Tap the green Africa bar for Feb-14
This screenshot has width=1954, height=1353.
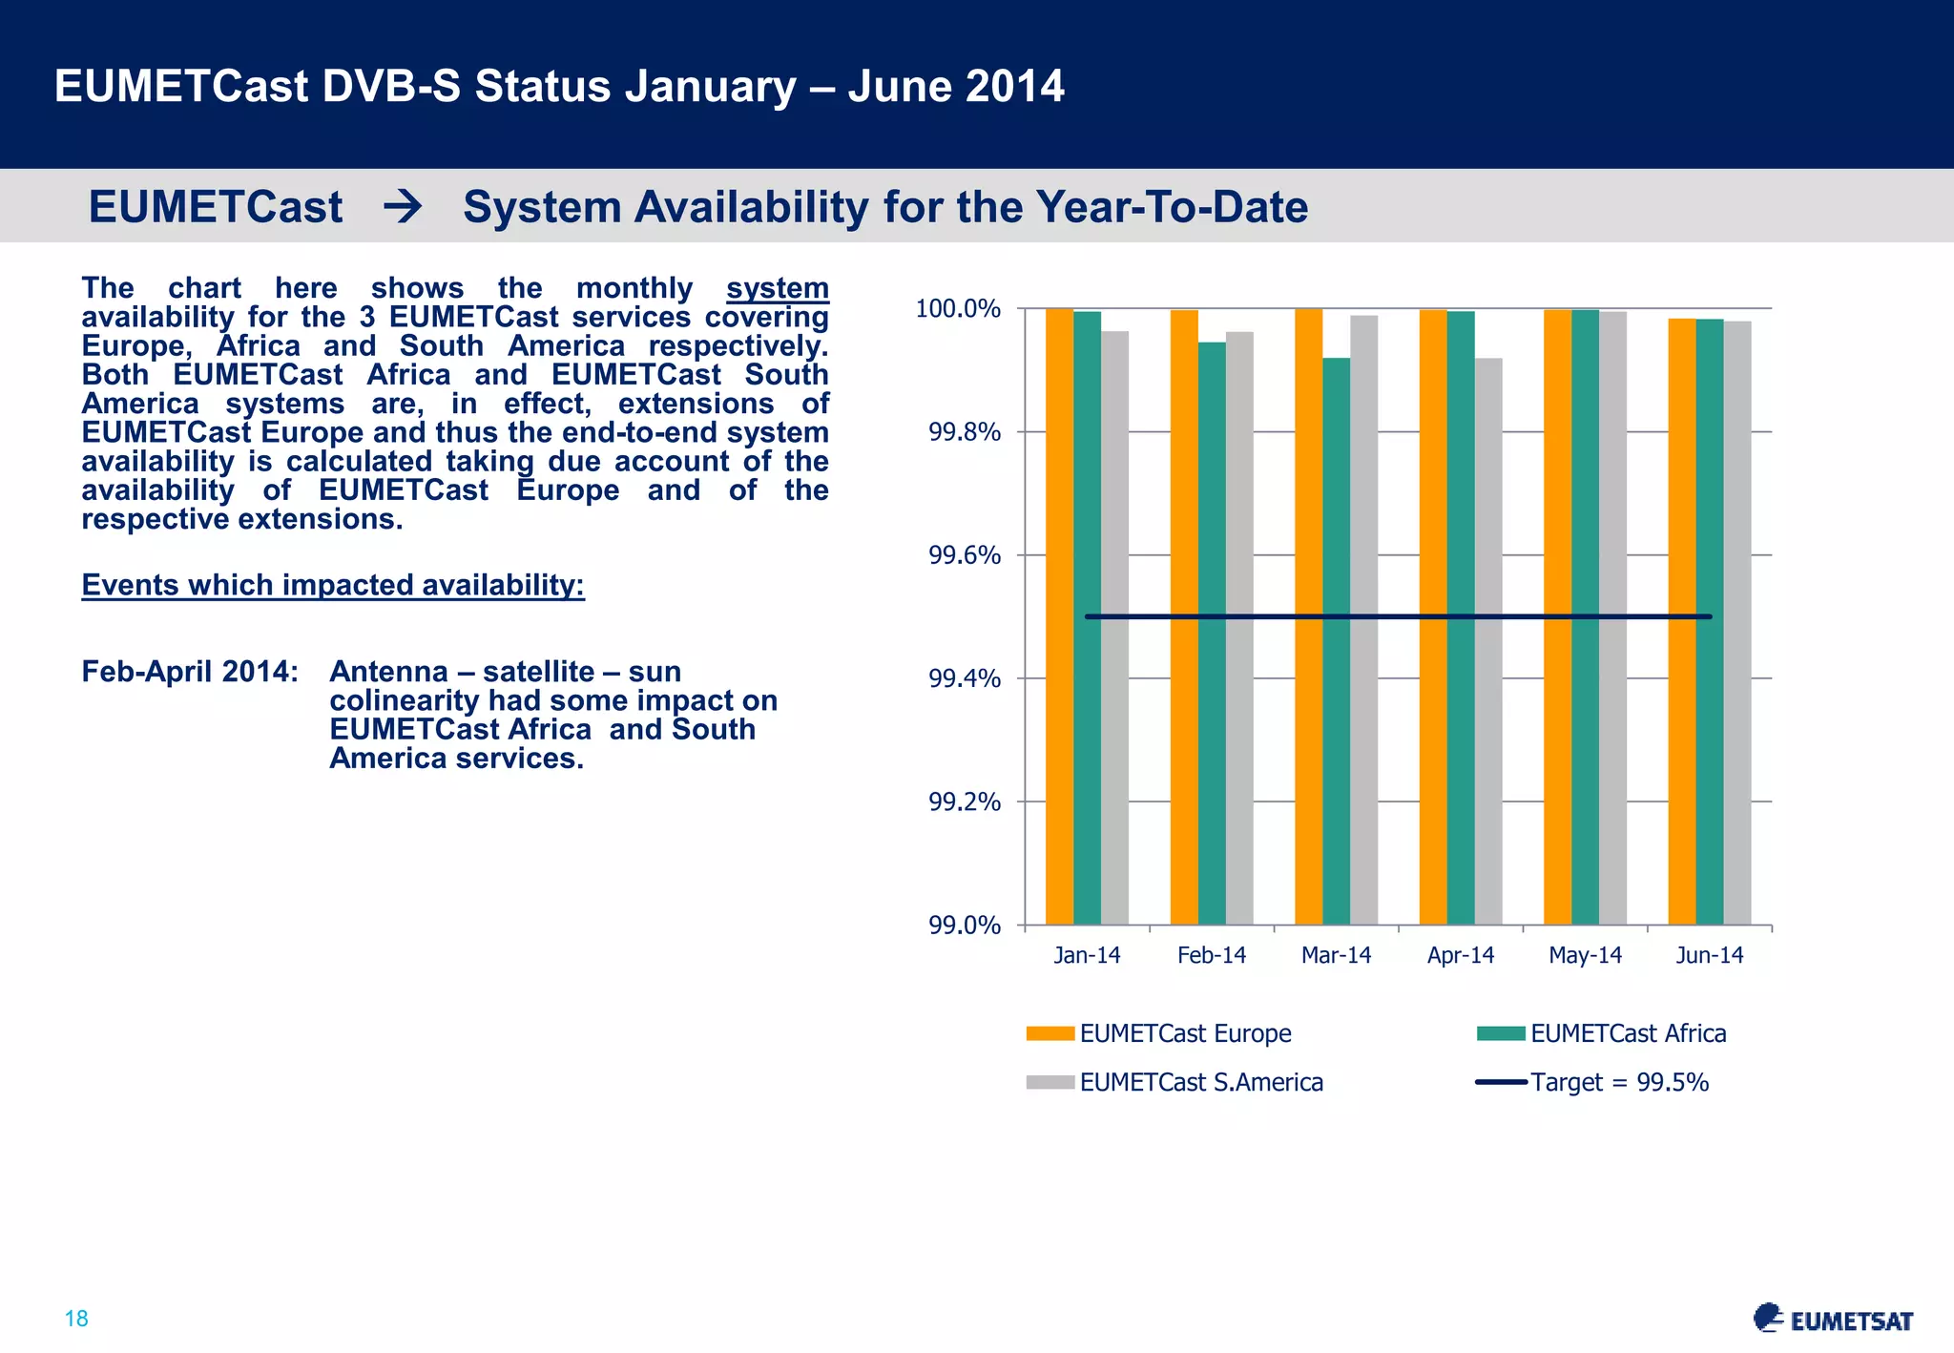coord(1212,634)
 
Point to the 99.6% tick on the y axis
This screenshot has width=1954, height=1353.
coord(964,555)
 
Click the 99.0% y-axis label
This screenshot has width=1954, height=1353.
coord(964,926)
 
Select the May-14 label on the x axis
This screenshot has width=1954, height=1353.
coord(1585,955)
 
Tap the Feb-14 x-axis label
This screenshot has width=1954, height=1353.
coord(1212,955)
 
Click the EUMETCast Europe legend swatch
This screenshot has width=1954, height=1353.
coord(1050,1033)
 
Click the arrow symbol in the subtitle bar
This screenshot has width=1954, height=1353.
coord(403,207)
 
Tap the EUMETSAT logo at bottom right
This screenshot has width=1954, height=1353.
coord(1833,1319)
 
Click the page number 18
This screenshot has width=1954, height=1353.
coord(76,1319)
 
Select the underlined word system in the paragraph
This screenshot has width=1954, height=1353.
coord(777,288)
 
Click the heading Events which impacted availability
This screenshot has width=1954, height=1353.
coord(333,585)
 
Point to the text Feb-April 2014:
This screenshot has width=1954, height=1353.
coord(190,672)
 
